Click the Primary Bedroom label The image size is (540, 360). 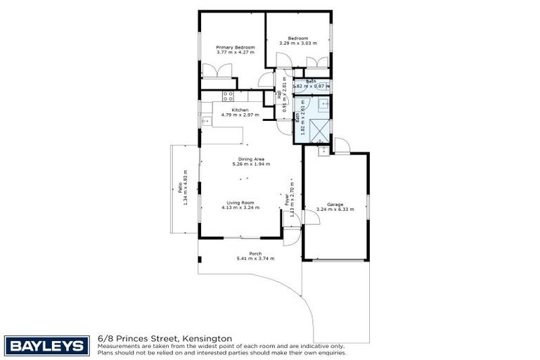[x=234, y=47]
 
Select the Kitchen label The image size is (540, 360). [x=240, y=110]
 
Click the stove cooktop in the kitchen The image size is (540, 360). [x=228, y=95]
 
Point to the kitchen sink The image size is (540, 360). [x=205, y=121]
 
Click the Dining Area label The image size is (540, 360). [x=250, y=159]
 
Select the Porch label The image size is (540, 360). [x=255, y=253]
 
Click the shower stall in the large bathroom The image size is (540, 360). [x=319, y=130]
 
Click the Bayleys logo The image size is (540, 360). [x=47, y=345]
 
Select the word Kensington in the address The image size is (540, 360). [x=209, y=338]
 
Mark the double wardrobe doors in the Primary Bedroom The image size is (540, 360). [x=215, y=72]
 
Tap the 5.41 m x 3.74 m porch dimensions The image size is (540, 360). [x=255, y=258]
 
